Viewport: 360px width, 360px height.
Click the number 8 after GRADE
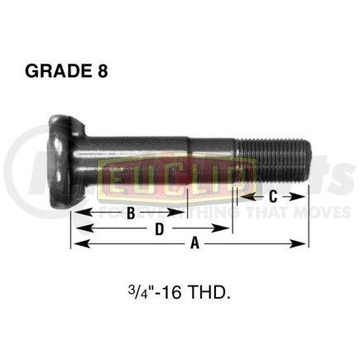tap(101, 71)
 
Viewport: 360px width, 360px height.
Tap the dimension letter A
tap(195, 243)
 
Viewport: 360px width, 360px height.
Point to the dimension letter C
tap(273, 196)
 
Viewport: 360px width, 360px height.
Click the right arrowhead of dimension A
tap(304, 243)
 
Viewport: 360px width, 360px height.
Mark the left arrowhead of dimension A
tap(75, 243)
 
